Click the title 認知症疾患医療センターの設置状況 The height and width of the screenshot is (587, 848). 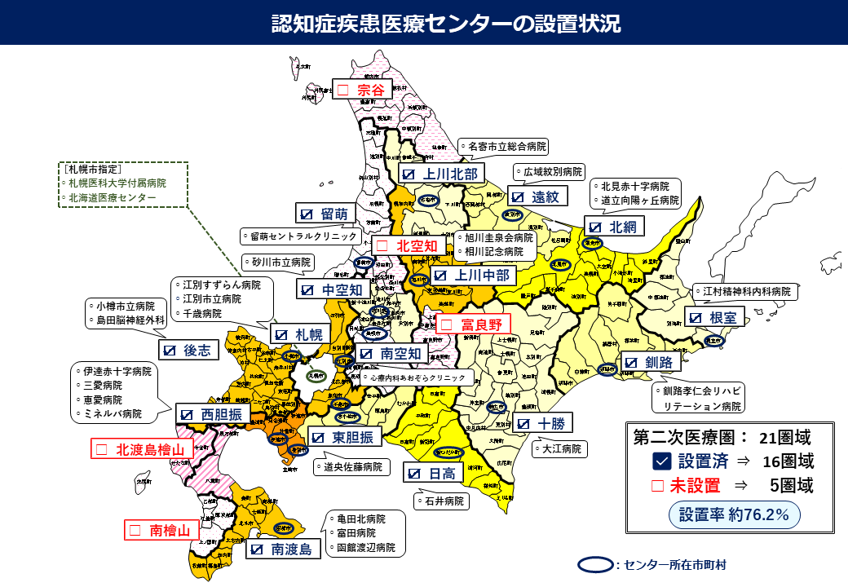(x=446, y=23)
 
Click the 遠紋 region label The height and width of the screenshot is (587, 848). (x=537, y=196)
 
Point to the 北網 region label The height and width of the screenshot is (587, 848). (x=616, y=227)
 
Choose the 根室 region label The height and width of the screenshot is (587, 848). (x=715, y=318)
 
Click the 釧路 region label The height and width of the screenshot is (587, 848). (x=649, y=362)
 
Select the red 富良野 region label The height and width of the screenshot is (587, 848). (x=472, y=324)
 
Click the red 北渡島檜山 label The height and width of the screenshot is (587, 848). (x=143, y=448)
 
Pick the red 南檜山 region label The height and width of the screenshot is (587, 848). (x=161, y=530)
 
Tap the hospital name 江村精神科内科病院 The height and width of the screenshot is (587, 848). (x=746, y=291)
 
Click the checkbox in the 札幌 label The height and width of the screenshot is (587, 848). (x=282, y=334)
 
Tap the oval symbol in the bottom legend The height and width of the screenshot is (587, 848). (x=594, y=564)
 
